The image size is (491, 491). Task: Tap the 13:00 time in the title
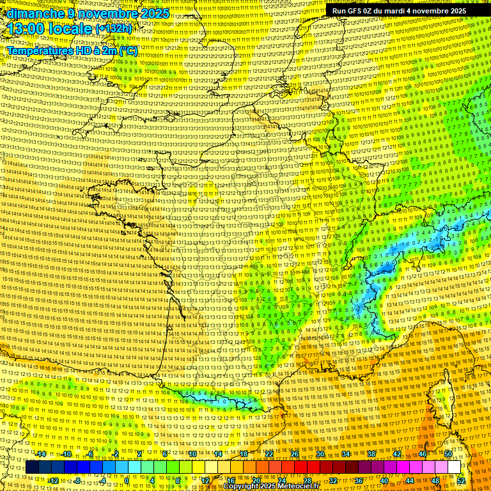27,29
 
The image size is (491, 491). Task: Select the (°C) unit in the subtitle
128,50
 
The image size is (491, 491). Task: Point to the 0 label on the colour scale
127,480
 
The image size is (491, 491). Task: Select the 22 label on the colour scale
269,454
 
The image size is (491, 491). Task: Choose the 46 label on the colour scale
423,454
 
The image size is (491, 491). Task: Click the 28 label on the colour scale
308,480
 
